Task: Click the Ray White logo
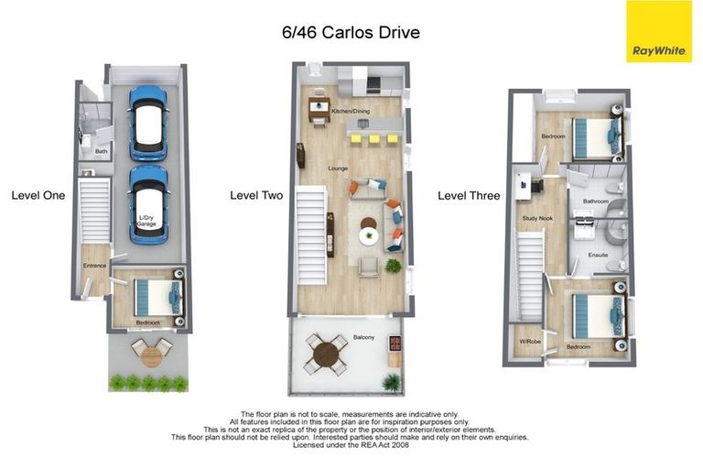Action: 659,31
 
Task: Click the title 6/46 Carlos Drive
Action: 351,32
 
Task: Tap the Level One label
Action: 38,195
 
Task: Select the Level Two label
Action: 255,195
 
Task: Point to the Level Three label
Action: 469,195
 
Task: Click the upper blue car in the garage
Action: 148,123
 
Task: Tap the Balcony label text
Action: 363,338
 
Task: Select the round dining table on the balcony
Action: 326,354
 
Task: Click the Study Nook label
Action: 536,218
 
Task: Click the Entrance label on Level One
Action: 95,266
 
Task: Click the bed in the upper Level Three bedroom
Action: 593,137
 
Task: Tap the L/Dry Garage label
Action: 146,221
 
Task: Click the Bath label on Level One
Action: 102,151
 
